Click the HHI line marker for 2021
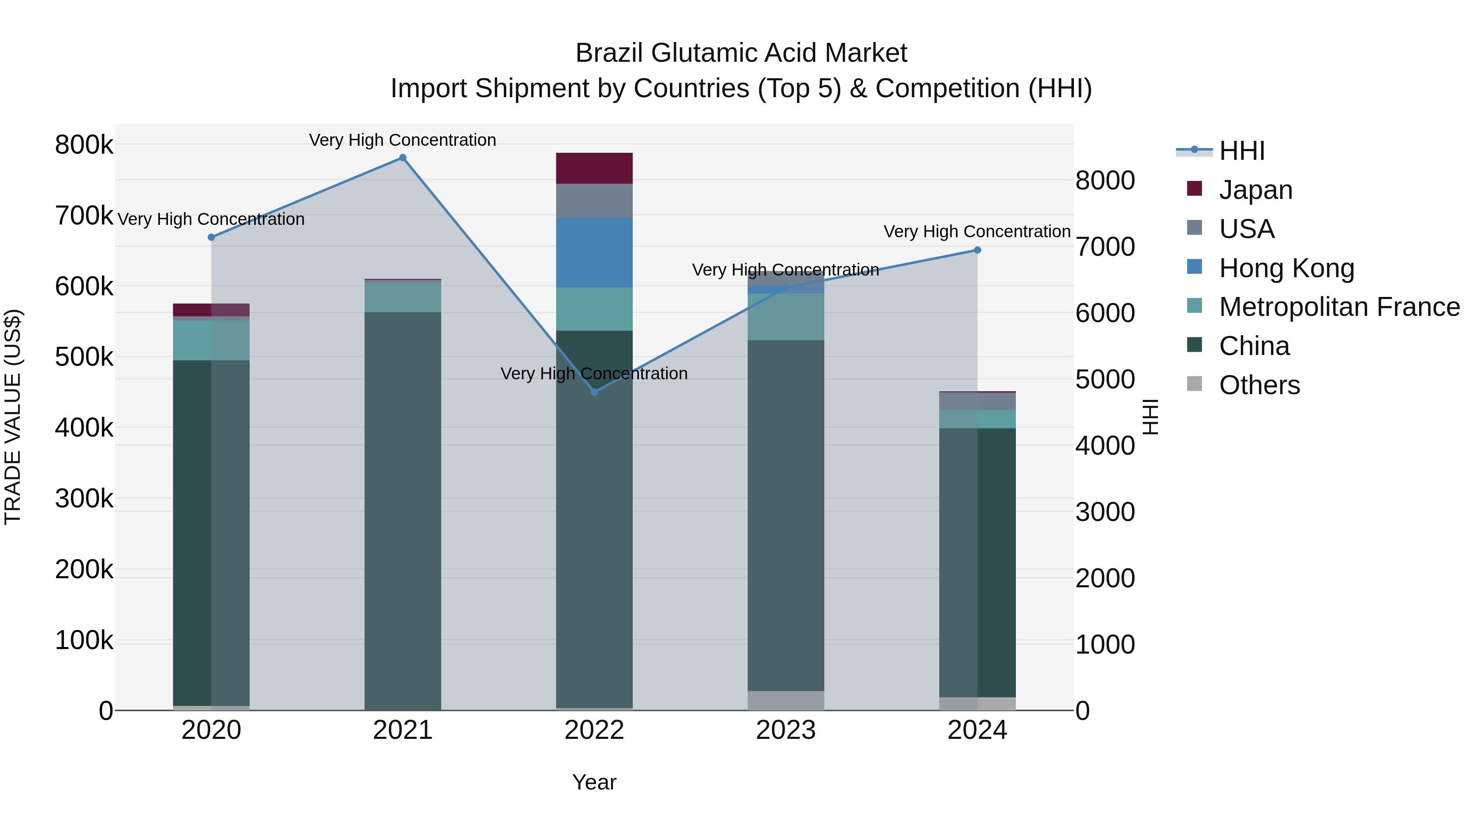click(x=402, y=158)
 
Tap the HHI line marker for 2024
click(x=977, y=250)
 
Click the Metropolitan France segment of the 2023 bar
click(x=786, y=317)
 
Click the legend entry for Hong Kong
click(x=1286, y=268)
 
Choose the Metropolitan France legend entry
click(x=1339, y=307)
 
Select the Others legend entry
click(x=1259, y=385)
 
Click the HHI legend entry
click(x=1242, y=151)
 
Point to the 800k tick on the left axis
click(x=84, y=145)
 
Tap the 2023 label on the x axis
click(x=786, y=730)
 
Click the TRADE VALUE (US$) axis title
click(x=13, y=417)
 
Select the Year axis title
click(x=594, y=782)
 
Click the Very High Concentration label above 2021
click(x=402, y=140)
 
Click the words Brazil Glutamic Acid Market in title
click(x=741, y=53)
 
